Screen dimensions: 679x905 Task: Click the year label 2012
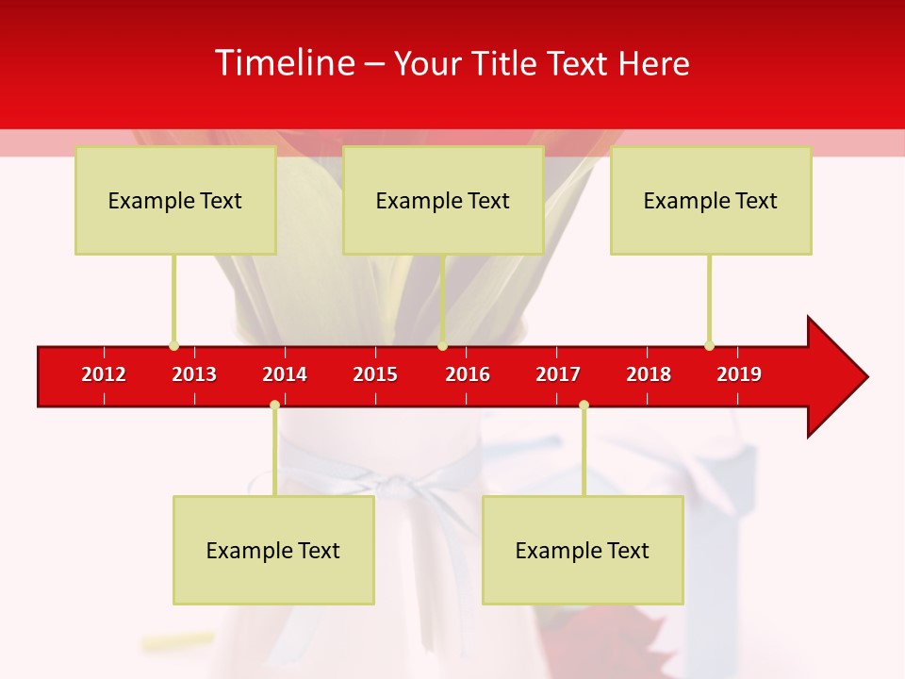pos(104,374)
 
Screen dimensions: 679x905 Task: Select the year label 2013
pos(194,374)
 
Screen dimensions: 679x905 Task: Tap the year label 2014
pos(285,374)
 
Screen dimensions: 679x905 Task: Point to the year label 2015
pos(375,374)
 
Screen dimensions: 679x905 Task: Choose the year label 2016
pos(468,374)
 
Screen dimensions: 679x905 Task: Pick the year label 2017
pos(558,374)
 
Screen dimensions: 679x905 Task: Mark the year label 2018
pos(649,374)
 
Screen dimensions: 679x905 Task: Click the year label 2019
pos(739,374)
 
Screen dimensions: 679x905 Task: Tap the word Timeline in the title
pos(284,63)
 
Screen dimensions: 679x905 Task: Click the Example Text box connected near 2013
pos(175,200)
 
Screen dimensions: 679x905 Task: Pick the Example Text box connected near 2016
pos(443,200)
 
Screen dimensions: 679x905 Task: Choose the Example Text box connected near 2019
pos(711,200)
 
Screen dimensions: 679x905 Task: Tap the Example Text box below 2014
pos(273,550)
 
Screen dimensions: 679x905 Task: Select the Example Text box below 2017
pos(583,550)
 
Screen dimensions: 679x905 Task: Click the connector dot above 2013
pos(173,345)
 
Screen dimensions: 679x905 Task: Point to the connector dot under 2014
pos(274,405)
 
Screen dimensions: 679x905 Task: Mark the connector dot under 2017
pos(584,405)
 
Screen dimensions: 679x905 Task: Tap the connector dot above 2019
pos(709,345)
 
